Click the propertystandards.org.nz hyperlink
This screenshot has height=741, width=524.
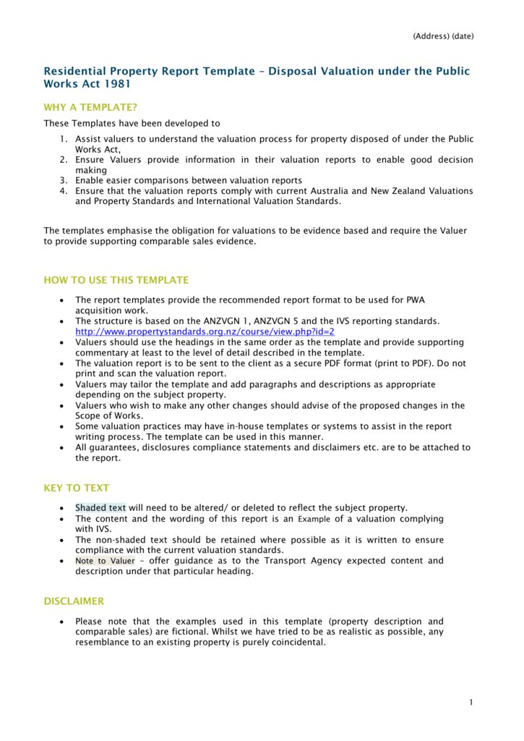click(205, 331)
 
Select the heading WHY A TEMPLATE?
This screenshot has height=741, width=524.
click(90, 107)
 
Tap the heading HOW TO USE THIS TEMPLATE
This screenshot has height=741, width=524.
click(116, 280)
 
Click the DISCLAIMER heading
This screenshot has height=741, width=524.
click(74, 601)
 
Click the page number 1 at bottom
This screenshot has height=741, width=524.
click(471, 703)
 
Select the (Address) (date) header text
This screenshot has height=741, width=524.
click(443, 36)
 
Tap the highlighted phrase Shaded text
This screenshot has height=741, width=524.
click(100, 508)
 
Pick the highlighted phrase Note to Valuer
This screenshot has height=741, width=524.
click(105, 561)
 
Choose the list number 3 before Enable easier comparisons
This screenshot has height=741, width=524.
click(64, 180)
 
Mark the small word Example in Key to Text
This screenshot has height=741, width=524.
click(314, 520)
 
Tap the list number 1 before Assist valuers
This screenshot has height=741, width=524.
click(64, 139)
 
